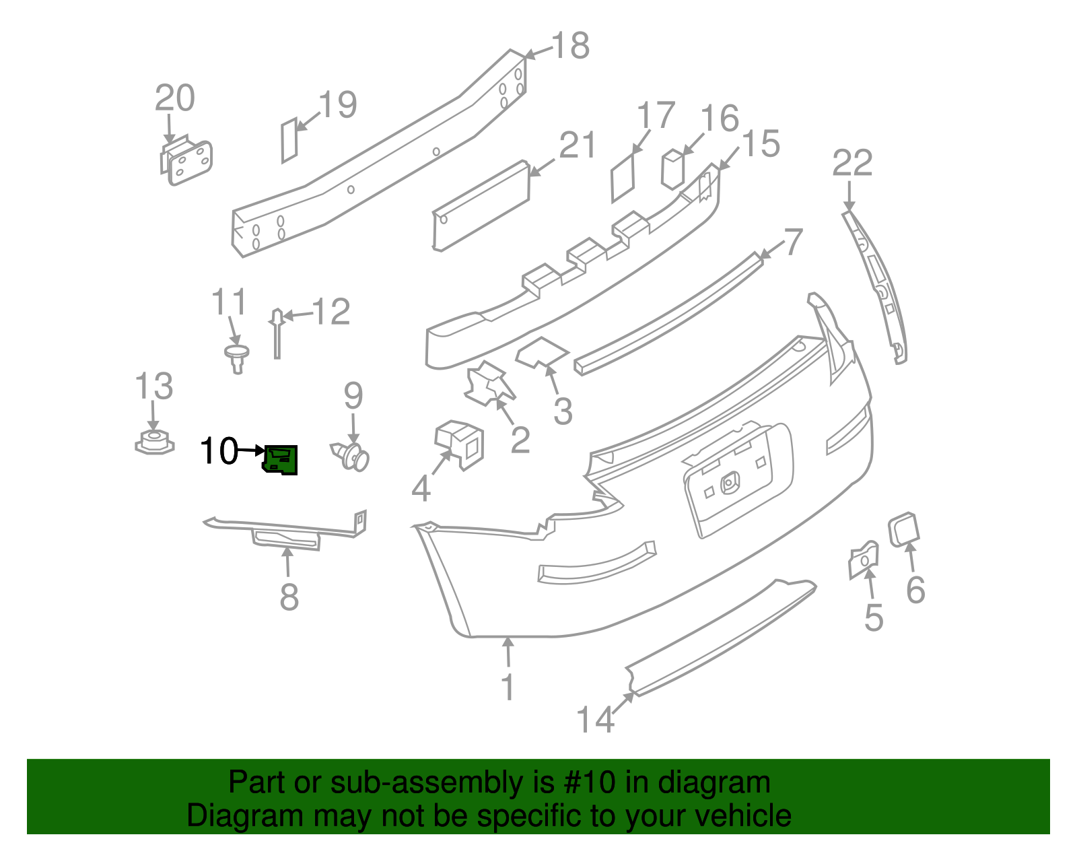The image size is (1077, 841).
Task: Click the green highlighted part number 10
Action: click(281, 460)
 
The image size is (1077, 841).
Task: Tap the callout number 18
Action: click(570, 46)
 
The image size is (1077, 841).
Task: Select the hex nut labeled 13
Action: click(154, 443)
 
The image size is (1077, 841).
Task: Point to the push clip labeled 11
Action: click(236, 356)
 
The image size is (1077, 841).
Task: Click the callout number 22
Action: click(852, 164)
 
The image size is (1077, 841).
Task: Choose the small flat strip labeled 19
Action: click(289, 140)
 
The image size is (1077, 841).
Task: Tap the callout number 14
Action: click(595, 719)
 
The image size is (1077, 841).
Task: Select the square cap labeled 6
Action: click(903, 529)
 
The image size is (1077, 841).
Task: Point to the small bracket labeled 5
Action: click(863, 559)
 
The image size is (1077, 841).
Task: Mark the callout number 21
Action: click(577, 146)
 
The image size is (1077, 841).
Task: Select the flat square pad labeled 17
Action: click(623, 179)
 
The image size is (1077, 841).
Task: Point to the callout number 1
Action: click(508, 687)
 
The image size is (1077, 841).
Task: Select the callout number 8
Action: click(289, 597)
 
